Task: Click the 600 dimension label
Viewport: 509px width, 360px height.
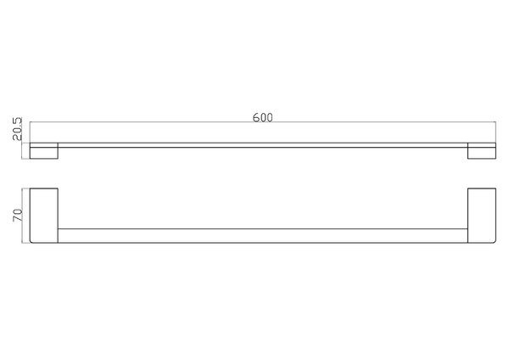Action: (x=263, y=117)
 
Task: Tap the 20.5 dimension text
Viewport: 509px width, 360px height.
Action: (x=17, y=129)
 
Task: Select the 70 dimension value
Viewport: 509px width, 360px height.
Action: (x=17, y=216)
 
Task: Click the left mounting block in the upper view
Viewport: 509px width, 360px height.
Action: (x=44, y=151)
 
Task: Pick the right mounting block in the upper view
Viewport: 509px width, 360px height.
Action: (x=482, y=151)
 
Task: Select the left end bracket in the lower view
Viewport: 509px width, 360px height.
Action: (x=44, y=216)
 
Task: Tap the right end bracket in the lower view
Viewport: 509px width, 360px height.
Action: (x=482, y=216)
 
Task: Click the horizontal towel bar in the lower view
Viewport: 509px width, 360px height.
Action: (x=263, y=235)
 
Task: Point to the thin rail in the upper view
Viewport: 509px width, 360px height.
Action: (x=263, y=145)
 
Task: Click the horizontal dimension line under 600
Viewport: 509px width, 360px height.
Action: (x=263, y=122)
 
